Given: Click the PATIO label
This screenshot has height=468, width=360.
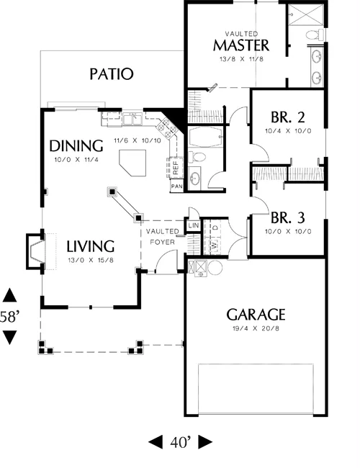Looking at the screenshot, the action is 112,74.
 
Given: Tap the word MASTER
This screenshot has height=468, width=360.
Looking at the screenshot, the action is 241,45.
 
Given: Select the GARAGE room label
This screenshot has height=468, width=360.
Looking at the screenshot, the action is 256,315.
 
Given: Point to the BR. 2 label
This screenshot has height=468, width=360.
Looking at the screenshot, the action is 288,117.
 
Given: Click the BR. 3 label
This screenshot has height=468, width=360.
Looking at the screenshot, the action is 288,218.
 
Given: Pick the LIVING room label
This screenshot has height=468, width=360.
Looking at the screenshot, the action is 91,246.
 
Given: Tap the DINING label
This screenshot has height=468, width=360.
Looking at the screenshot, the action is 76,146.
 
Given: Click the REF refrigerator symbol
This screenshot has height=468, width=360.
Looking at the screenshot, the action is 175,168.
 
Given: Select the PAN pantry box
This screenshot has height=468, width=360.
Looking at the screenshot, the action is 176,186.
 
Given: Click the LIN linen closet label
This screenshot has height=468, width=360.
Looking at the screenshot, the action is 194,225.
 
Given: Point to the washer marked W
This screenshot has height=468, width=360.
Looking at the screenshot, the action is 214,246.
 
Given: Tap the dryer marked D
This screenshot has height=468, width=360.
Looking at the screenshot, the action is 215,227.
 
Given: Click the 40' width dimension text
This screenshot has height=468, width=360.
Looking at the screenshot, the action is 180,442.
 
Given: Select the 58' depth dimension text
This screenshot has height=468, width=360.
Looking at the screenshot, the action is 10,316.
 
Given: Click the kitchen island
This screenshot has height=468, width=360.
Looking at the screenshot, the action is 132,163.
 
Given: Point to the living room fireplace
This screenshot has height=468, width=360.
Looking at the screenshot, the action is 36,251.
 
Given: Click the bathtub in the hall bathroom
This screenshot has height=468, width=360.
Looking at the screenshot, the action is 206,137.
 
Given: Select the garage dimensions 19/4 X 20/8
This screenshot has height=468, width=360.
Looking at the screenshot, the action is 256,328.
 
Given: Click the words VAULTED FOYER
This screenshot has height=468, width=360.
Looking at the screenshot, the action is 163,236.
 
